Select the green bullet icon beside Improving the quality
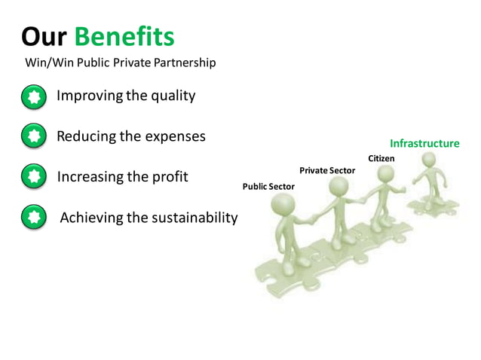coord(33,97)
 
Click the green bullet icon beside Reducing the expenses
coord(33,137)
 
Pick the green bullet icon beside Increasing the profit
coord(33,178)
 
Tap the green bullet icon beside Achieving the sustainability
coord(33,218)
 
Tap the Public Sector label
coord(268,186)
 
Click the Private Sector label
coord(326,171)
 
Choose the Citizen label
coord(381,158)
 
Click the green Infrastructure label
coord(424,143)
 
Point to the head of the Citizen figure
coord(386,174)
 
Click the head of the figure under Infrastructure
coord(428,160)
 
